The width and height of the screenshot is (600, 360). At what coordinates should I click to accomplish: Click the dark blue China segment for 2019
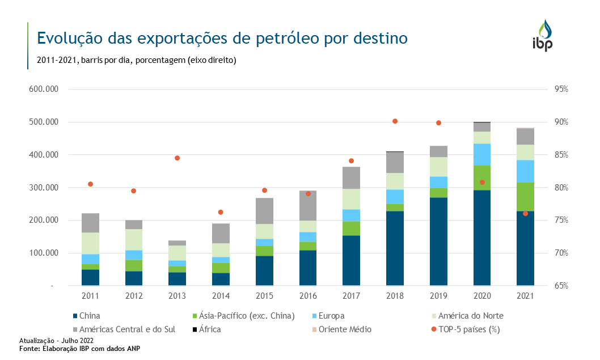pos(438,241)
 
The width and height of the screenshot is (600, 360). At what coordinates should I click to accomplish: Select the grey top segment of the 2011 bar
pos(91,223)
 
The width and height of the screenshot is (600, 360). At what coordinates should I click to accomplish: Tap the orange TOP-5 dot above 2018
pos(395,121)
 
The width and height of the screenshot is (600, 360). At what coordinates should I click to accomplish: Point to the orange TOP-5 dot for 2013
pos(178,158)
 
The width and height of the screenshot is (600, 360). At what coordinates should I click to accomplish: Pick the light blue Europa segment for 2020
pos(482,154)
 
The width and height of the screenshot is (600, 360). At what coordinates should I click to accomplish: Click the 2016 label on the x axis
pos(307,297)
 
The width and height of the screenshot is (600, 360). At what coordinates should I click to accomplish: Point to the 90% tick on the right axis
pos(561,122)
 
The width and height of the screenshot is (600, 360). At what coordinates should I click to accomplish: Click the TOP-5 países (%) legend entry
pos(468,329)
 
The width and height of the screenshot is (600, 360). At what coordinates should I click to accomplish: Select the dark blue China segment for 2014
pos(221,279)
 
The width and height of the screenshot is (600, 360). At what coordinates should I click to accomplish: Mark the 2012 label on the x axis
pos(134,297)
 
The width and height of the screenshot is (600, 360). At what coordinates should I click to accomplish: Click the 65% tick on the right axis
pos(561,286)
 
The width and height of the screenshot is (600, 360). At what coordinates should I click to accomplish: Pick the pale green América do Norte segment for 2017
pos(351,199)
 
